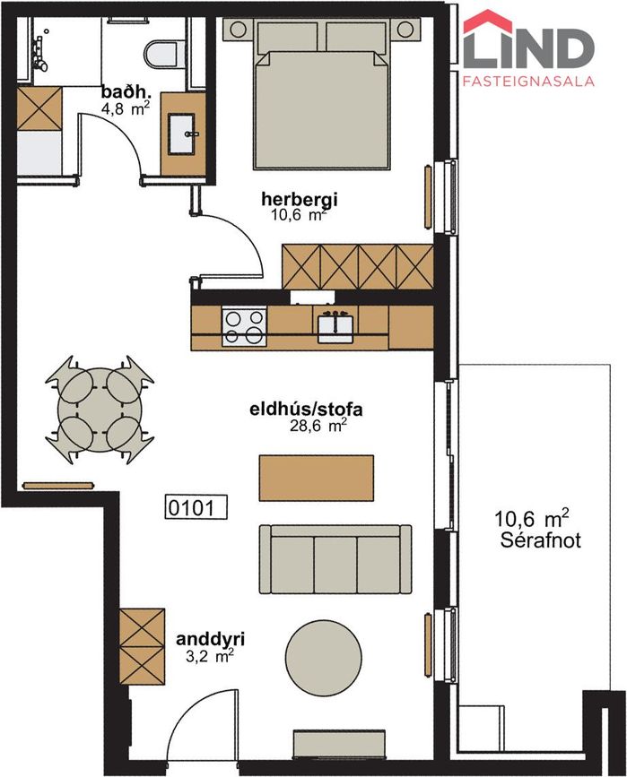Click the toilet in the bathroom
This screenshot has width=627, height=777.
(161, 55)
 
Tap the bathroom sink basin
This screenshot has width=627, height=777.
(181, 134)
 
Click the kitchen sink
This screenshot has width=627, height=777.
(335, 326)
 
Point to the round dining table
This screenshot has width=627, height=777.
(100, 410)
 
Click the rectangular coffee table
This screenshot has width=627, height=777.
(317, 479)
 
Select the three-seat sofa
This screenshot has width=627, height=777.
(335, 559)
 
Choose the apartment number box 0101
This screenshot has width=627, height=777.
(196, 507)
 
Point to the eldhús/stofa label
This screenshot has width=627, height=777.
(306, 410)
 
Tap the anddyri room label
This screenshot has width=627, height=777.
(210, 639)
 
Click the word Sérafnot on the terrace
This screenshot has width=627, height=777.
(540, 540)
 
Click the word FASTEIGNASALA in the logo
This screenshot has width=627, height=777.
(528, 81)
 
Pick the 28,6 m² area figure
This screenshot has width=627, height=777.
(318, 426)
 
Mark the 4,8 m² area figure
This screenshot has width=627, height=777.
(125, 109)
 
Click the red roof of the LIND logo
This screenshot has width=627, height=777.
(488, 22)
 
